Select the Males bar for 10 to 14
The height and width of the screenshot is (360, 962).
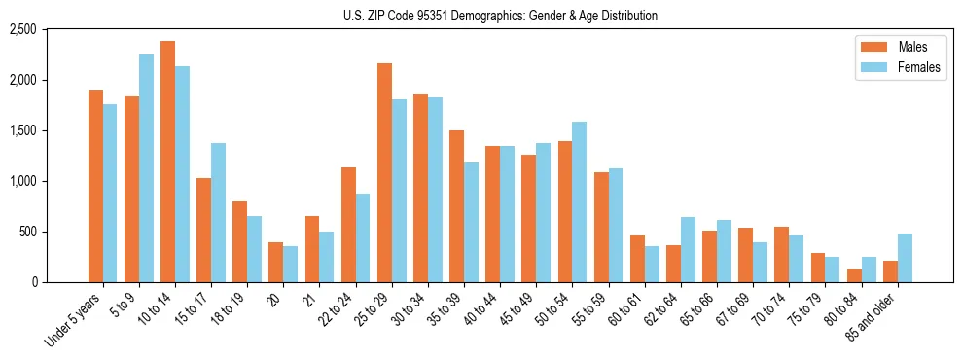167,162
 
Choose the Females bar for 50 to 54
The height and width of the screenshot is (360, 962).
579,202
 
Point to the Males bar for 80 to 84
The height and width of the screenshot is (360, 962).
854,275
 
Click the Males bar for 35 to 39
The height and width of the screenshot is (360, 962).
456,206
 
